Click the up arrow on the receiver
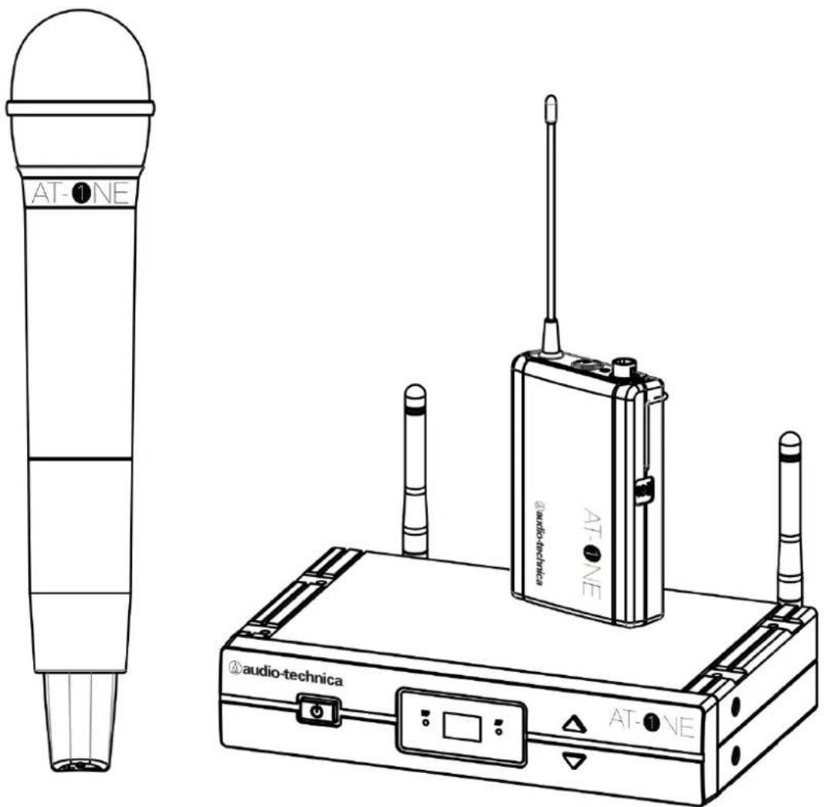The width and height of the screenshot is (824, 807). pos(575,725)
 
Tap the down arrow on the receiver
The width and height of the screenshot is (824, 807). pos(575,759)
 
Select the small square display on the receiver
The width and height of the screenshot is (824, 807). pos(462,727)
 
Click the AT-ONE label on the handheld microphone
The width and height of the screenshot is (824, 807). pos(80,193)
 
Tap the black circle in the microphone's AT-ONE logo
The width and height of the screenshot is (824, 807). pos(81,194)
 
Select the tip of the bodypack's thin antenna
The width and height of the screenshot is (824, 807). pos(551,99)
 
